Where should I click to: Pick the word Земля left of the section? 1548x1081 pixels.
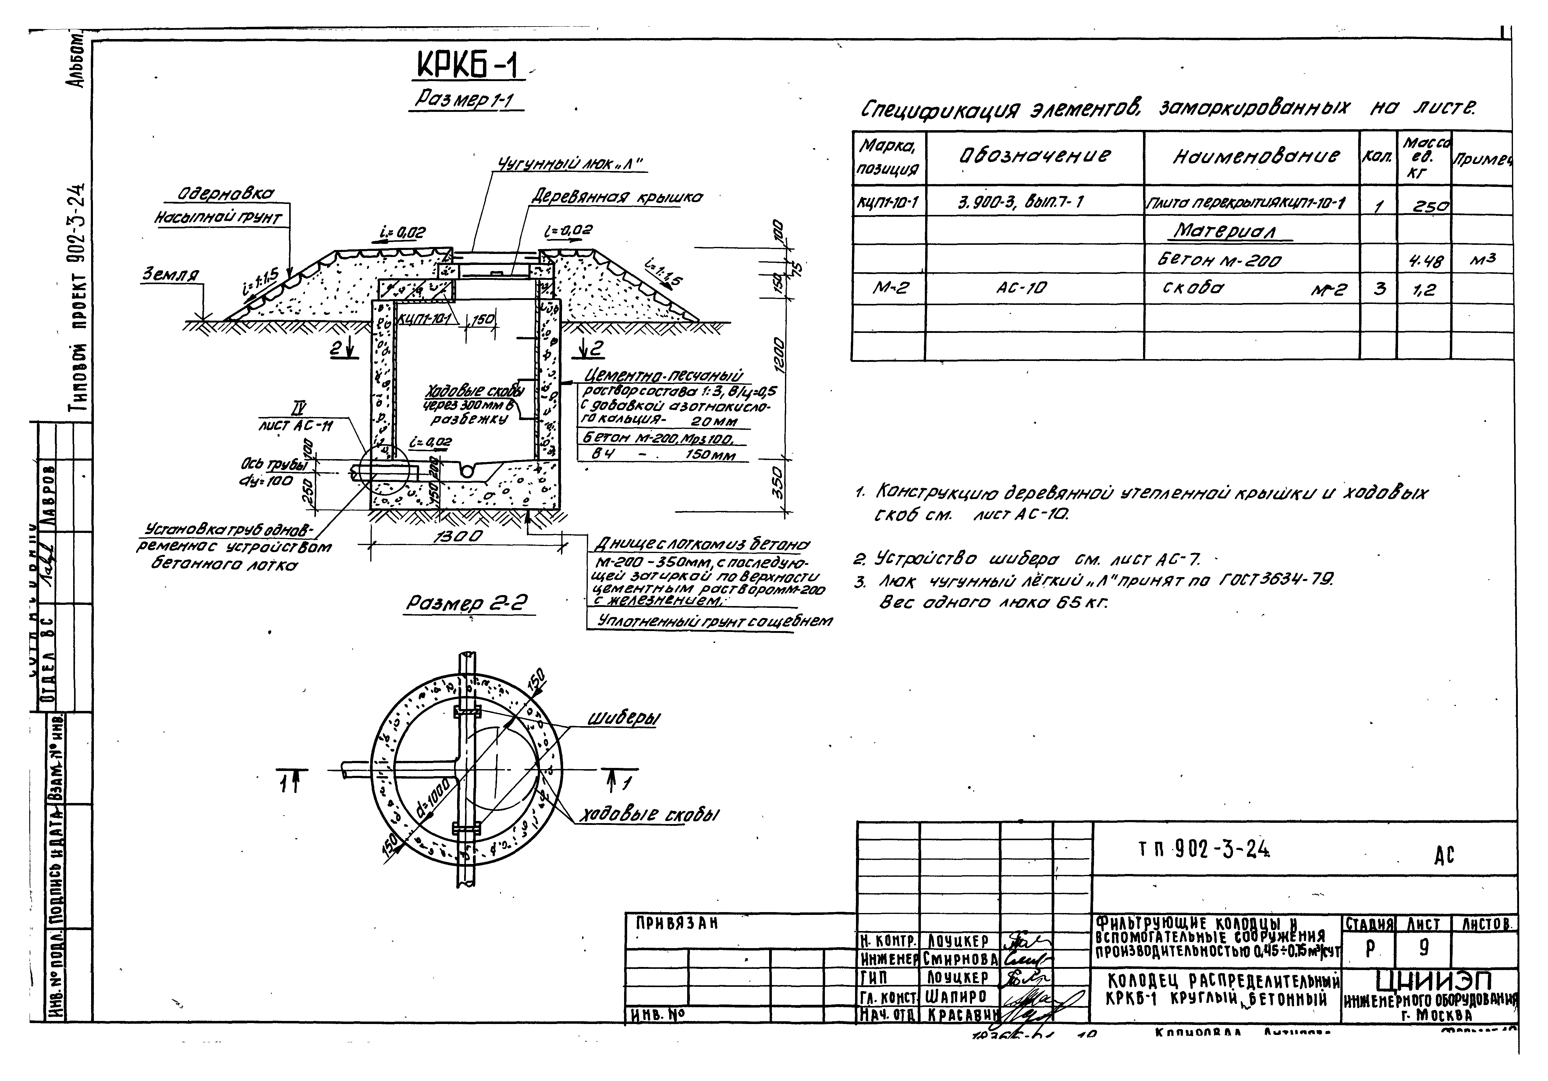[x=170, y=275]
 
